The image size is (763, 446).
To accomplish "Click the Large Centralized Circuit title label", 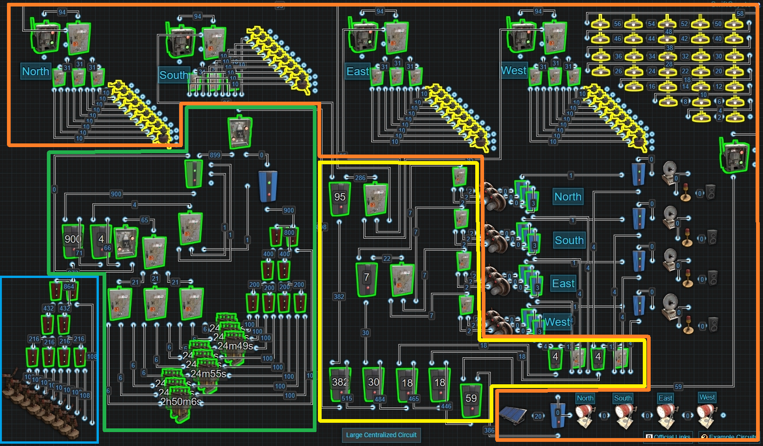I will (381, 435).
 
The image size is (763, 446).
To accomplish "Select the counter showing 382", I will (339, 383).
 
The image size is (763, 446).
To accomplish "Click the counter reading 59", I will (471, 400).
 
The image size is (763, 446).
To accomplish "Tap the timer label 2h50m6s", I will (181, 401).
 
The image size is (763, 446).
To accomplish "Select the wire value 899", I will (215, 155).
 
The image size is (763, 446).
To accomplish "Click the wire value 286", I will (360, 178).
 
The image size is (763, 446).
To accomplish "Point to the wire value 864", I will (69, 286).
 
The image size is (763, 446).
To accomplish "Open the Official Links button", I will (668, 437).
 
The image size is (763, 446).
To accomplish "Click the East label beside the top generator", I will (357, 71).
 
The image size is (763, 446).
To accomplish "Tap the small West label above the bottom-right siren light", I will (707, 397).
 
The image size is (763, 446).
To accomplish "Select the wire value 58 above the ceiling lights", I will (740, 13).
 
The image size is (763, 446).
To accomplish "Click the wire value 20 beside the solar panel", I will (538, 416).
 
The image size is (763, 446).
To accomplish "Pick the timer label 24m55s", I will (208, 374).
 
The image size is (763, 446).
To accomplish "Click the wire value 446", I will (446, 406).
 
